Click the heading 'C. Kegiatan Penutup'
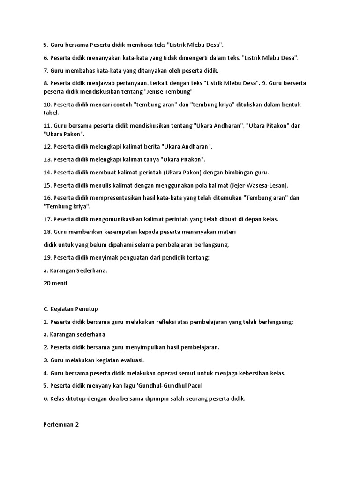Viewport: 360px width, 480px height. coord(71,309)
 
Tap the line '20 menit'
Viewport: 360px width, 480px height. coord(55,283)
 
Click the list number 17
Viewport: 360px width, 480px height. coord(47,219)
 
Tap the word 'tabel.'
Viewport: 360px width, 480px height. coord(51,113)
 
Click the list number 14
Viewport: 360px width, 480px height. coord(47,172)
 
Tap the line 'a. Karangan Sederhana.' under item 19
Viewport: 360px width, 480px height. coord(75,270)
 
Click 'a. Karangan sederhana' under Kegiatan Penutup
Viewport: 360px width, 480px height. coord(75,335)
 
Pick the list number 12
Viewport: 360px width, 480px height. coord(47,147)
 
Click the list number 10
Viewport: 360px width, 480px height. coord(47,105)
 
